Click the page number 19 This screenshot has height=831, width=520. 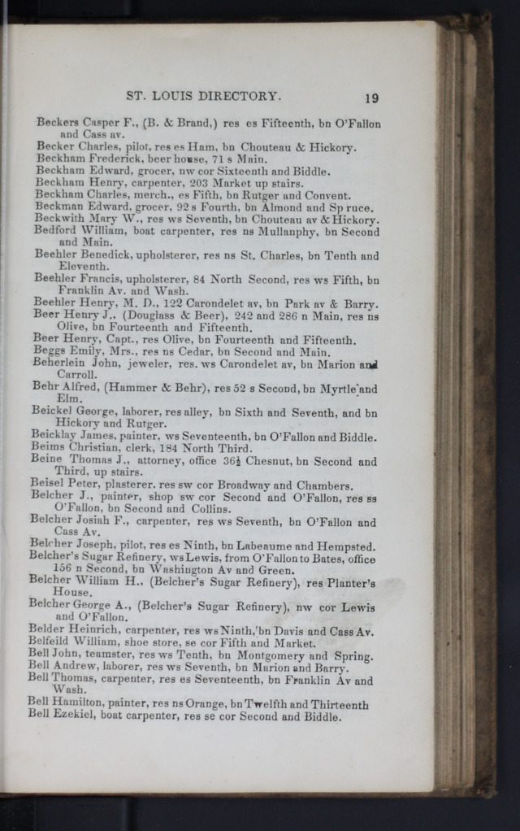click(x=371, y=98)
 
